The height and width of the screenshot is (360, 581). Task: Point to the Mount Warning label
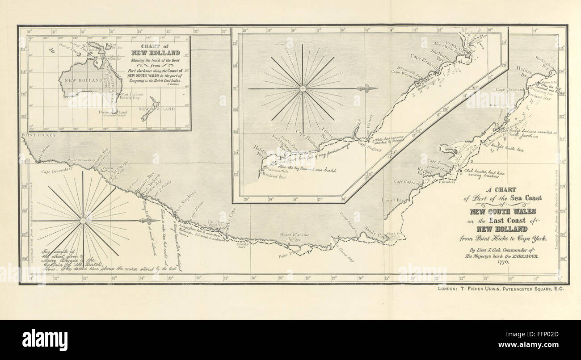292,235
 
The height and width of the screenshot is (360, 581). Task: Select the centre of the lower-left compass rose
83,221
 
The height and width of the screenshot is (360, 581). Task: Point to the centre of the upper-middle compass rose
303,88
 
